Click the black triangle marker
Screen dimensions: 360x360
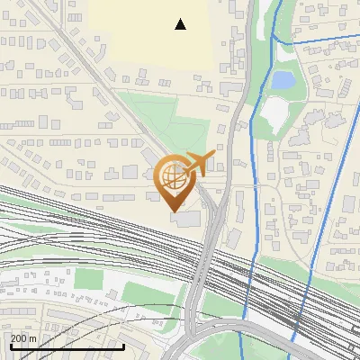[181, 24]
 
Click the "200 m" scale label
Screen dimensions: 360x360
[24, 337]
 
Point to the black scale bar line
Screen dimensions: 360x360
[67, 346]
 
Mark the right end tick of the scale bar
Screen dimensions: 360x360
[123, 345]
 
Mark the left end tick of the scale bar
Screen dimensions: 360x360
[11, 345]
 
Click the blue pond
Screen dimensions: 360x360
[283, 80]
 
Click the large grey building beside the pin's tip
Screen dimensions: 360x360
[190, 219]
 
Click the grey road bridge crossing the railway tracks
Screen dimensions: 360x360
[204, 261]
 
